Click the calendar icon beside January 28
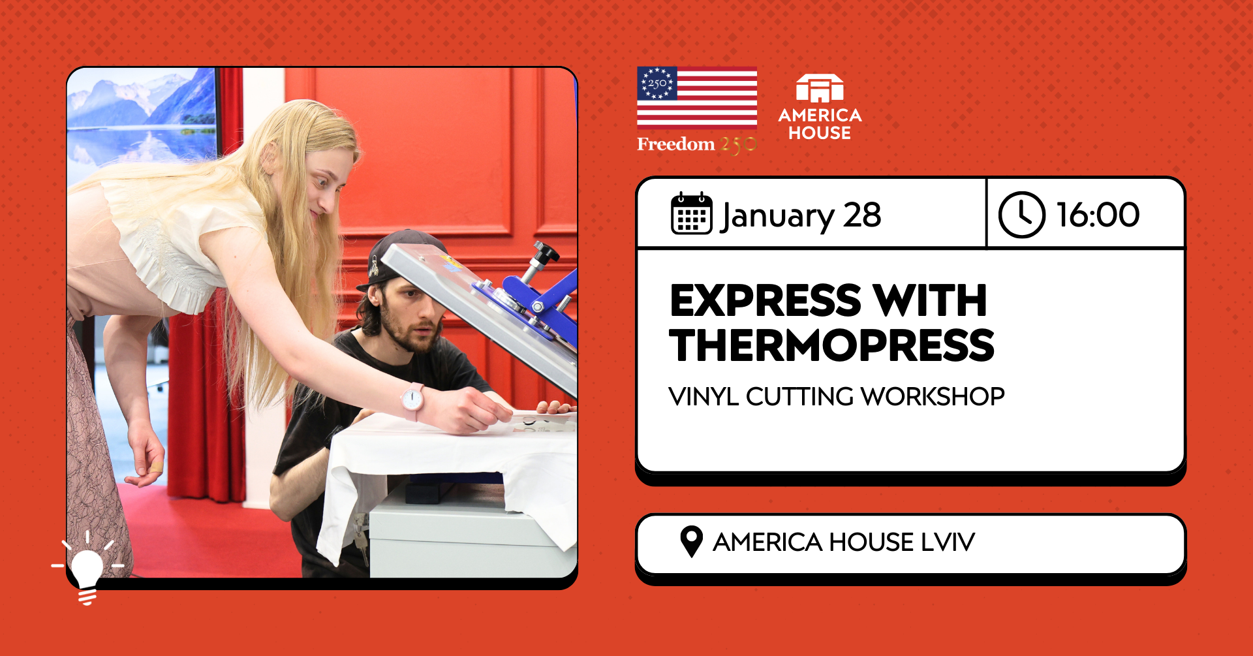pyautogui.click(x=691, y=213)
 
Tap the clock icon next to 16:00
pyautogui.click(x=1021, y=214)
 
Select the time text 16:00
pyautogui.click(x=1098, y=215)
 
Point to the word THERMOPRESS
pyautogui.click(x=831, y=345)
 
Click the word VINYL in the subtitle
pyautogui.click(x=704, y=397)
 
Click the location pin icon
pyautogui.click(x=691, y=541)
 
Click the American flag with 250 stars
pyautogui.click(x=697, y=97)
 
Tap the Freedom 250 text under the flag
pyautogui.click(x=696, y=144)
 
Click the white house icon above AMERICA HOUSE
pyautogui.click(x=820, y=89)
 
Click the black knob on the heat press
pyautogui.click(x=545, y=251)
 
